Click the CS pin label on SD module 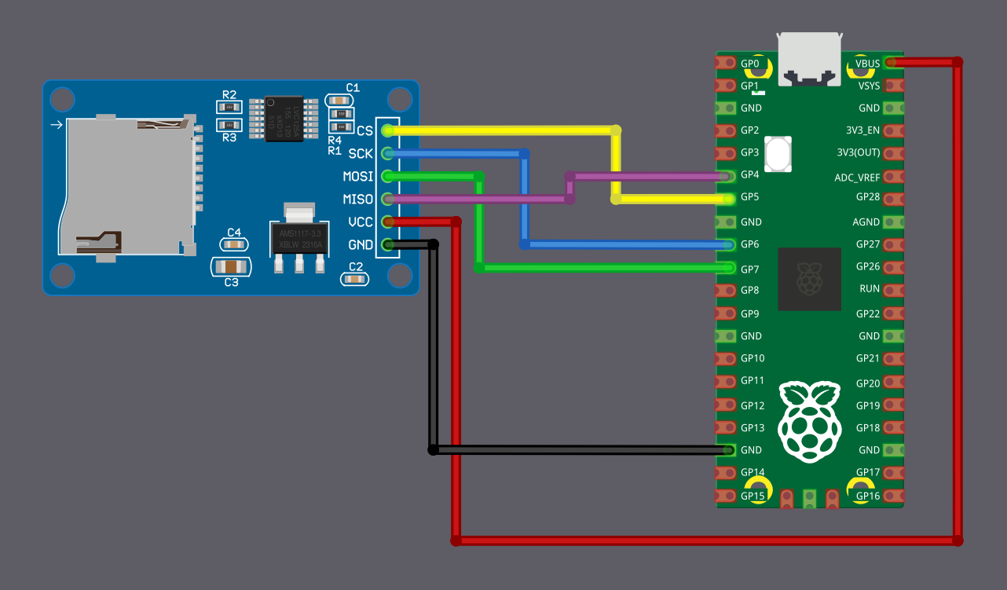click(364, 130)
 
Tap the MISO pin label click(358, 200)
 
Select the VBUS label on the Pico click(867, 63)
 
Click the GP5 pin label click(750, 197)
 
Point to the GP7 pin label click(750, 269)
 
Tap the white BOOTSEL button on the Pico click(777, 154)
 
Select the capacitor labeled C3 click(231, 266)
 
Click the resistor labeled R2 click(229, 107)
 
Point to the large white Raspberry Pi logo click(808, 420)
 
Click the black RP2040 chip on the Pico click(809, 279)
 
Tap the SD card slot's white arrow click(56, 125)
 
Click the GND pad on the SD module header click(386, 245)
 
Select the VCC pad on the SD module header click(386, 222)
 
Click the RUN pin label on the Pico click(870, 289)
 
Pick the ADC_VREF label click(857, 178)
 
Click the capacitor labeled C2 click(355, 278)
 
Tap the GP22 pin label click(867, 313)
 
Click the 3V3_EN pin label click(863, 130)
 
